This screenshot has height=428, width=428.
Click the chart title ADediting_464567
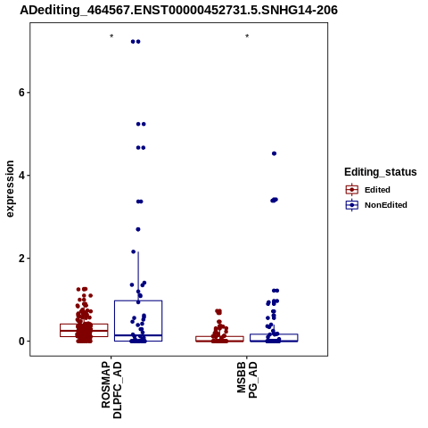(x=178, y=11)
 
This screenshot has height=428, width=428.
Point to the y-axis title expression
(x=10, y=189)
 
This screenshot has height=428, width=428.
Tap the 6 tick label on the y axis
(x=21, y=93)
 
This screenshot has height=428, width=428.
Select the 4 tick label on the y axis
(x=21, y=176)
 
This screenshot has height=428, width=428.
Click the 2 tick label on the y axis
(x=21, y=259)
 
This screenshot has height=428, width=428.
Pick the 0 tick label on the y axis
(x=21, y=342)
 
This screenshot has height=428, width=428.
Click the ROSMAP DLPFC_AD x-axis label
(x=111, y=390)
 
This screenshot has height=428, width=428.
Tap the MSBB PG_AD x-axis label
(x=247, y=380)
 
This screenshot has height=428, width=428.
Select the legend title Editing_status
(x=381, y=172)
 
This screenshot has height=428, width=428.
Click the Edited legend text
(x=377, y=190)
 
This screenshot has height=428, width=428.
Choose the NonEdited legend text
(x=386, y=205)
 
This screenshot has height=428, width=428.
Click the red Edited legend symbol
(x=352, y=190)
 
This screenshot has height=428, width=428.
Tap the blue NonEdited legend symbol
(x=352, y=205)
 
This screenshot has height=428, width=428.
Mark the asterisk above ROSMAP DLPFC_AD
(x=111, y=37)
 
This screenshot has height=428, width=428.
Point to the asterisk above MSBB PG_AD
(x=247, y=37)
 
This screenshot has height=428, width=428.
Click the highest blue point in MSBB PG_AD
(x=274, y=153)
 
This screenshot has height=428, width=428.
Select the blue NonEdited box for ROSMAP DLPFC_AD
(x=138, y=300)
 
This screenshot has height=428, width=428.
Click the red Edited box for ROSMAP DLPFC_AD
(x=84, y=324)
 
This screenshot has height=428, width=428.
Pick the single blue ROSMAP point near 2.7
(x=138, y=229)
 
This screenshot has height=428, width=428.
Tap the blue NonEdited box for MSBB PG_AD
(x=274, y=334)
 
